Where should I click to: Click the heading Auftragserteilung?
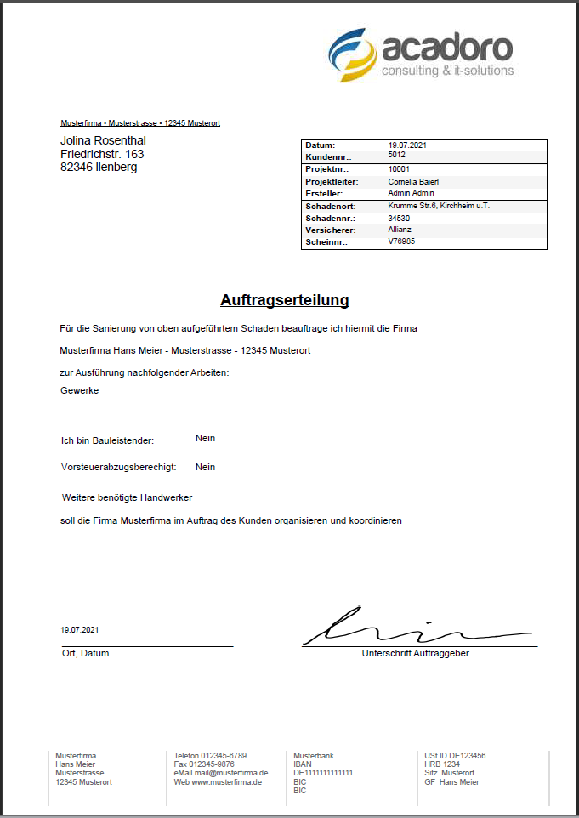click(284, 300)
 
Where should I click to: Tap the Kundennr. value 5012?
click(396, 156)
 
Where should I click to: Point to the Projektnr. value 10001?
click(399, 169)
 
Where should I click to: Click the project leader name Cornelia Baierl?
click(413, 181)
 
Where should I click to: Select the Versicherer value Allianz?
click(400, 230)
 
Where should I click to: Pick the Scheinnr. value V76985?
click(401, 241)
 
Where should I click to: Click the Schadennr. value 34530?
click(399, 218)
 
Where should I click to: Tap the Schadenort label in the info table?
click(330, 207)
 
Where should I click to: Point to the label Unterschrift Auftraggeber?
click(415, 653)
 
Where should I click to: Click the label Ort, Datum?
click(85, 653)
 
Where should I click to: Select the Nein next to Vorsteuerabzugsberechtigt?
click(205, 467)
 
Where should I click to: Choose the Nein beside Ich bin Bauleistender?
click(205, 438)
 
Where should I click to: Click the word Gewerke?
click(80, 390)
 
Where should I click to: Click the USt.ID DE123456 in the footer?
click(455, 755)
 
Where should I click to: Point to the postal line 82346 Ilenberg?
click(99, 168)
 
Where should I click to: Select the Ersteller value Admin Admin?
click(411, 193)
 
